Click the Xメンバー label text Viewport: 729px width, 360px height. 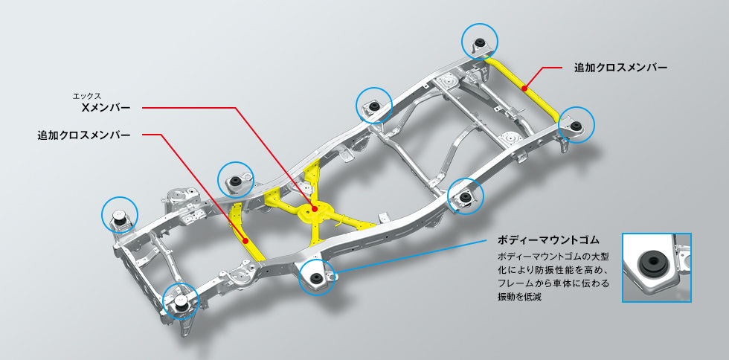point(105,108)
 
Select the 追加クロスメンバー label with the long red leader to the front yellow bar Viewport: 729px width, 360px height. point(84,135)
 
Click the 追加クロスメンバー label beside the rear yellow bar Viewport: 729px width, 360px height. point(620,67)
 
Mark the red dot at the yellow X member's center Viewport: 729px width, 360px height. point(314,210)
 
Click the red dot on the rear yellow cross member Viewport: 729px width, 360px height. point(524,89)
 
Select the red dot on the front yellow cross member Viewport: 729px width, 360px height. point(245,240)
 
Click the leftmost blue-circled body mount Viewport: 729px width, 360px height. point(120,216)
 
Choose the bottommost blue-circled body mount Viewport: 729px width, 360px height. point(181,300)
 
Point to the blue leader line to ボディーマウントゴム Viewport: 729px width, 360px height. point(417,257)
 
